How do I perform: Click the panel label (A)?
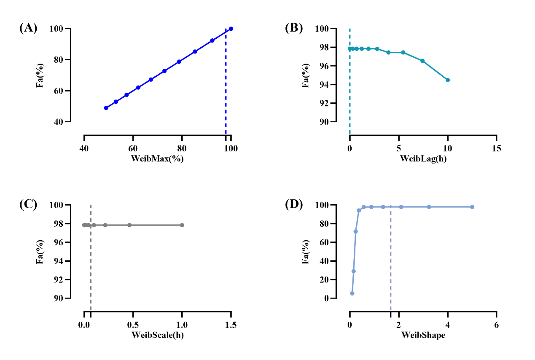[x=28, y=28]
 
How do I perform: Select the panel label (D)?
[x=294, y=204]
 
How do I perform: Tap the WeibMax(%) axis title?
[x=157, y=159]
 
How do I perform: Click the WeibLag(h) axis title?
[x=423, y=159]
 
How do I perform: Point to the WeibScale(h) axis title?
[x=157, y=335]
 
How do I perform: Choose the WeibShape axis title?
[x=423, y=335]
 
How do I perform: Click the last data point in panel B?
[x=447, y=80]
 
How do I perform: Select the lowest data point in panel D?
[x=352, y=293]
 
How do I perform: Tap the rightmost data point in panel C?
[x=182, y=225]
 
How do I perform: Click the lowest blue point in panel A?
[x=106, y=108]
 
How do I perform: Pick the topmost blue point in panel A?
[x=231, y=29]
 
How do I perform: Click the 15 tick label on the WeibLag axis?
[x=496, y=149]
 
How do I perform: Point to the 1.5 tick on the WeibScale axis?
[x=231, y=325]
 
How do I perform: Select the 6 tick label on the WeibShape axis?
[x=496, y=325]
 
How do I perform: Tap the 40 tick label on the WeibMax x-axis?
[x=84, y=149]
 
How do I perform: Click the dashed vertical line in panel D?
[x=391, y=261]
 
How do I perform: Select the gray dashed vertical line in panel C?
[x=91, y=270]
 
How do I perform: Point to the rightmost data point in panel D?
[x=472, y=207]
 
